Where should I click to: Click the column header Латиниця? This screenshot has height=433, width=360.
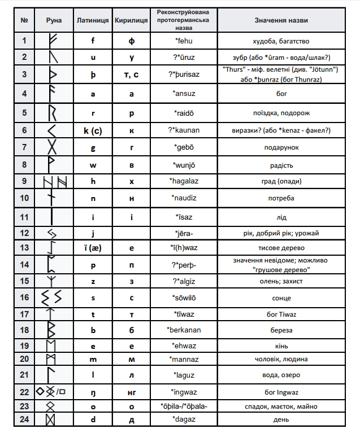coord(93,20)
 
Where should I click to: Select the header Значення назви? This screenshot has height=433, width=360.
coord(281,20)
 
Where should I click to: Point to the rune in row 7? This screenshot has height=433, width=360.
coord(53,147)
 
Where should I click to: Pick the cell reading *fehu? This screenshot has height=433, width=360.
coord(184,41)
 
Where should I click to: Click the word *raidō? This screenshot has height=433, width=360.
coord(184,112)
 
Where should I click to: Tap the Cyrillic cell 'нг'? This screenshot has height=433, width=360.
coord(132,391)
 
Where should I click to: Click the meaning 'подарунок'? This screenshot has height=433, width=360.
coord(281,147)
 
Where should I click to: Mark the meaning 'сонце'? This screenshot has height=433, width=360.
coord(281,298)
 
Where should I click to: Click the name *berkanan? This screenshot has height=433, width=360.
coord(184,330)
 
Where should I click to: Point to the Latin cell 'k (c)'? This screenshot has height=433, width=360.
coord(93,130)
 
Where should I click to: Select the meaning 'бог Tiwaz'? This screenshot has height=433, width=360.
coord(281,314)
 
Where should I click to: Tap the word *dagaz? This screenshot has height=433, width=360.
coord(184,419)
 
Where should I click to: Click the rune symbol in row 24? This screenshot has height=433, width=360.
coord(52,419)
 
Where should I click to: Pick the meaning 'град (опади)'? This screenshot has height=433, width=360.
coord(281,181)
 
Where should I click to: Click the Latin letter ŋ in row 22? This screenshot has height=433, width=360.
coord(93,391)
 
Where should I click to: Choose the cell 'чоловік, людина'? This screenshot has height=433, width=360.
coord(281,359)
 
